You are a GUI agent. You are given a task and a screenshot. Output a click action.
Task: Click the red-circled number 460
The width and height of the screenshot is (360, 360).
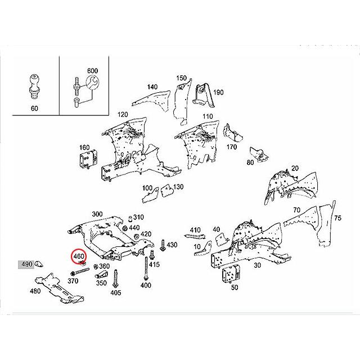tap(79, 256)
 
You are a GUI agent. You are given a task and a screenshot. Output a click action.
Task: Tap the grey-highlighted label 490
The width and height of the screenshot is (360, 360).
tap(26, 263)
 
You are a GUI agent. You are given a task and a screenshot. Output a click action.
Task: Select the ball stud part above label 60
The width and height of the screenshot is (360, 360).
tap(34, 83)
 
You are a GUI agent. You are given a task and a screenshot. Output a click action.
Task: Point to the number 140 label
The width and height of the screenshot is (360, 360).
tap(152, 87)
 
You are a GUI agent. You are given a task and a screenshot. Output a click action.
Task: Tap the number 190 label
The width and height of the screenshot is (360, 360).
tap(218, 92)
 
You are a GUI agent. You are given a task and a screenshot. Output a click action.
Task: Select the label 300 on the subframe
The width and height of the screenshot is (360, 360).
tap(97, 214)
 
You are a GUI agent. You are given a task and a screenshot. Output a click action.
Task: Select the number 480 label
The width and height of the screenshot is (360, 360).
tap(35, 291)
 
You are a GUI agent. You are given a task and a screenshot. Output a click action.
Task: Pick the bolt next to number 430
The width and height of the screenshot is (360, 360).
tap(163, 245)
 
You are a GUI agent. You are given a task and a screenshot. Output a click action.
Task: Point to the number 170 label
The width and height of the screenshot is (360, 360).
tap(231, 147)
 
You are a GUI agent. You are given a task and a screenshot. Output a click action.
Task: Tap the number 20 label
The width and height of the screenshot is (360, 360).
tap(295, 169)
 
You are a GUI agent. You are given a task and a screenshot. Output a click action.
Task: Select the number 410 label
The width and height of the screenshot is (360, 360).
tap(195, 230)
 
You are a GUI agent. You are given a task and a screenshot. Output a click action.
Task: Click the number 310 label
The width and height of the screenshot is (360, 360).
tap(138, 218)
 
